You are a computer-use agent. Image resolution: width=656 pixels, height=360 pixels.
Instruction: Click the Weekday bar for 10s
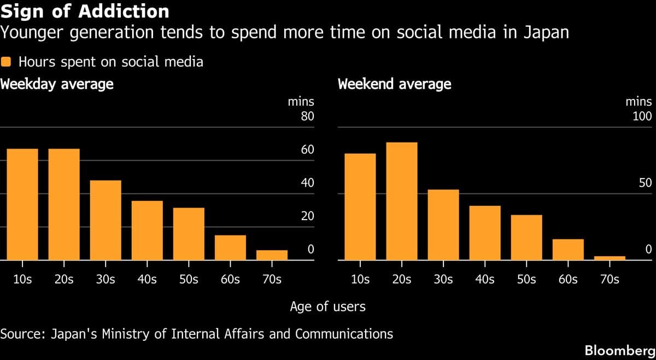click(x=22, y=204)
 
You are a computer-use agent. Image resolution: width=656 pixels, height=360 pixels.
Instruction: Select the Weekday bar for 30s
click(x=106, y=220)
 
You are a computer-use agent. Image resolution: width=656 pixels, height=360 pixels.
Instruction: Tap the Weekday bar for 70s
click(x=272, y=255)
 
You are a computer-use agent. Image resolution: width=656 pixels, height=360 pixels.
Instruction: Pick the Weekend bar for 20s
click(x=402, y=201)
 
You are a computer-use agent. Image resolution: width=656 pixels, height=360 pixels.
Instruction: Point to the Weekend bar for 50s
click(x=526, y=238)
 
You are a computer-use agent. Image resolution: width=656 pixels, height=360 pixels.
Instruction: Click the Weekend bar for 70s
click(x=610, y=258)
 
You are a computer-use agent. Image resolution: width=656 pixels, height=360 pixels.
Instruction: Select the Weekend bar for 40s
click(x=485, y=233)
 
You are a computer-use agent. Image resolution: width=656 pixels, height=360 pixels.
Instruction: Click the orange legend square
click(x=7, y=62)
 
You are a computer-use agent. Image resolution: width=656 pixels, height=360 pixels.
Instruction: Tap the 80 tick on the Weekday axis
click(x=307, y=116)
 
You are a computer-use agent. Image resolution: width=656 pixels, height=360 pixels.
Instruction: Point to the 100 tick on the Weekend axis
click(x=642, y=116)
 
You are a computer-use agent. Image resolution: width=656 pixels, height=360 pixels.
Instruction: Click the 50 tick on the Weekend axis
click(x=645, y=183)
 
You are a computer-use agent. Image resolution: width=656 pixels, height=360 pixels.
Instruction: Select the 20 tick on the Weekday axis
click(x=307, y=216)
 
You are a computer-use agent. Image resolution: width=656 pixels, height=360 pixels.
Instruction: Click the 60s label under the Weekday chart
click(x=230, y=279)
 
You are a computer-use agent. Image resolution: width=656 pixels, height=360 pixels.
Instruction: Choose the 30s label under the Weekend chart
click(x=443, y=279)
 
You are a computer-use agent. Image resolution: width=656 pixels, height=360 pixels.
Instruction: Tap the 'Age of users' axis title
click(x=327, y=306)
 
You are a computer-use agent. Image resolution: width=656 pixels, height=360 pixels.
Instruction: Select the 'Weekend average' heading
click(x=395, y=84)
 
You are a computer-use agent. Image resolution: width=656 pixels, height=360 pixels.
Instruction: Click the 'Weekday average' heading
click(x=57, y=84)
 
